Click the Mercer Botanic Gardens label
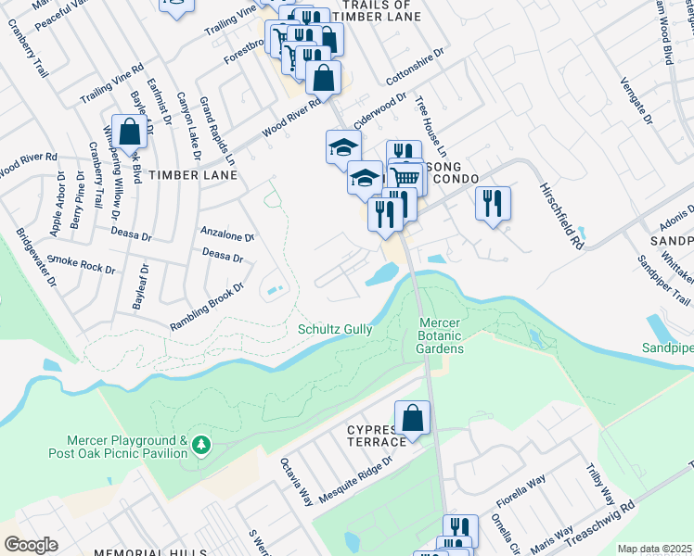point(439,335)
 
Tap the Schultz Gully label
point(335,329)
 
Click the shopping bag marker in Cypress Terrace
point(413,419)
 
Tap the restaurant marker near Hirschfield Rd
point(493,203)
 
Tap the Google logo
point(31,544)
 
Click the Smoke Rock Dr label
point(82,264)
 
